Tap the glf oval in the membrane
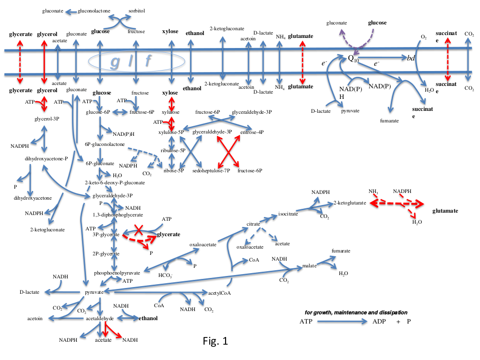click(136, 60)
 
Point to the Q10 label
click(353, 59)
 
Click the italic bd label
click(411, 58)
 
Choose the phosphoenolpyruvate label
click(117, 273)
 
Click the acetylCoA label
click(220, 292)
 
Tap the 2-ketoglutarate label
click(350, 204)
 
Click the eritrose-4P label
click(252, 132)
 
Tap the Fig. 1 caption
click(215, 342)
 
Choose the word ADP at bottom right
click(379, 322)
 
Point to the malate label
click(310, 265)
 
